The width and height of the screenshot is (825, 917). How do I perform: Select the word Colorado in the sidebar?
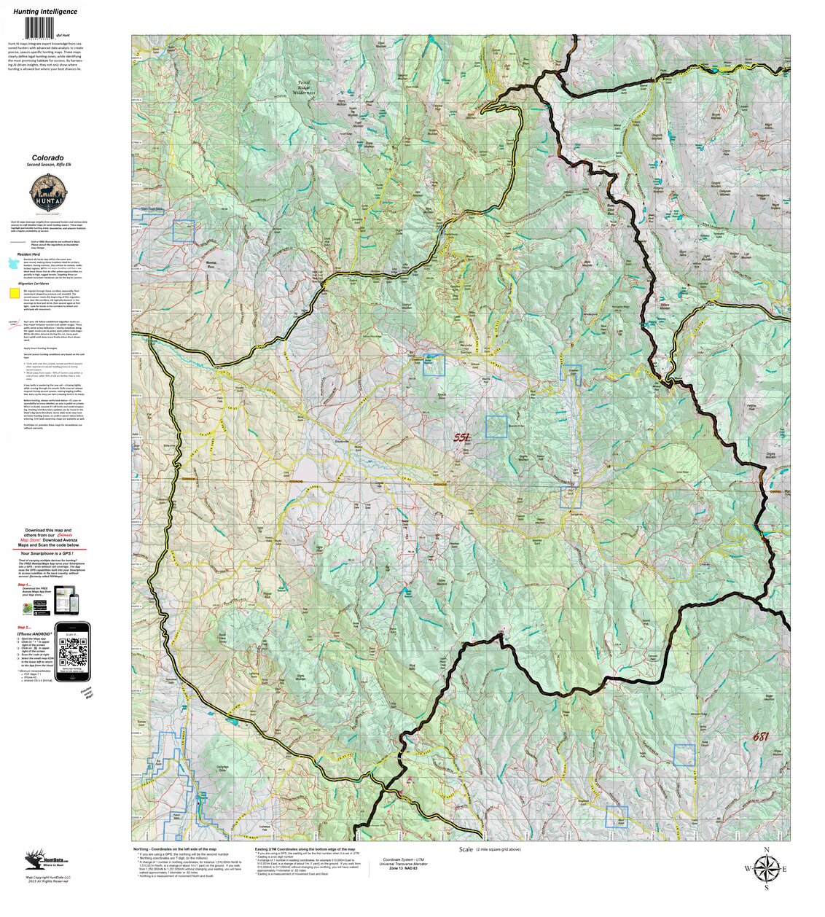tap(47, 157)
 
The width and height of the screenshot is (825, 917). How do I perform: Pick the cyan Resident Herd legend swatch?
tap(14, 269)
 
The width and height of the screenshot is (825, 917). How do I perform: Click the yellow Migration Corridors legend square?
tap(14, 294)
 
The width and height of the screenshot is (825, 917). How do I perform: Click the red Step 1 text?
tap(23, 584)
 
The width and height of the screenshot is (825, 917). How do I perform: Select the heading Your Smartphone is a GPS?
tap(51, 553)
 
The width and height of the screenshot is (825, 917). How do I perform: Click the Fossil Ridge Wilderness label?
tap(304, 88)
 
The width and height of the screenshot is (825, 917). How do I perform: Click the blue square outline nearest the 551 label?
tap(496, 426)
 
